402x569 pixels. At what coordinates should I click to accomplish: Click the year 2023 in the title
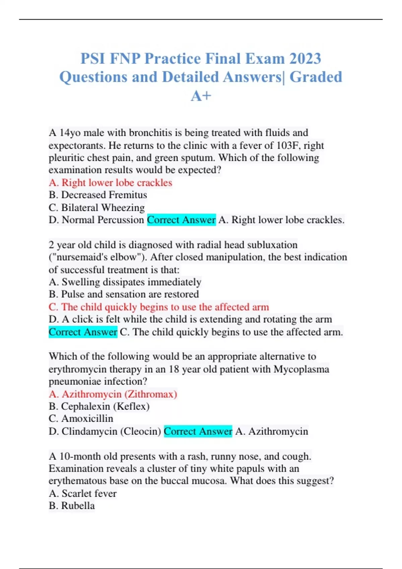(305, 59)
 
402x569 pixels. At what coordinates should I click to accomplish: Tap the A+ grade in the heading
(201, 96)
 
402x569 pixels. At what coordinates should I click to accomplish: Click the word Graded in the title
(316, 77)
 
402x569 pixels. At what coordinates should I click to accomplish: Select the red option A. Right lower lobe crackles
(110, 183)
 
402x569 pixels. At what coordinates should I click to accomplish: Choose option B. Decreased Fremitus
(98, 195)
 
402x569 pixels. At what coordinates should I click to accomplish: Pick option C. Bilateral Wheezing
(96, 208)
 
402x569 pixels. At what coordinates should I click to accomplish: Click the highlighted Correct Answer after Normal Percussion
(181, 220)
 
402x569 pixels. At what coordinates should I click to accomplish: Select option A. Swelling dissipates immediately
(125, 282)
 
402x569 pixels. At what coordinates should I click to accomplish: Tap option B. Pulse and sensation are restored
(124, 294)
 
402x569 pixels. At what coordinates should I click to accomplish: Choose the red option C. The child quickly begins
(158, 307)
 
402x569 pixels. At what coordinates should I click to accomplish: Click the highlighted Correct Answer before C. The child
(83, 332)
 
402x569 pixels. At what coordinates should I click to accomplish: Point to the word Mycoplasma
(301, 369)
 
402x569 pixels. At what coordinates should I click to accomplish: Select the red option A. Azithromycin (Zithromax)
(113, 394)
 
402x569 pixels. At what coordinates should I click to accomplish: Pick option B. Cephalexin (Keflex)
(99, 406)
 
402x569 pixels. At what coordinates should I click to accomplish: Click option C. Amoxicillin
(81, 419)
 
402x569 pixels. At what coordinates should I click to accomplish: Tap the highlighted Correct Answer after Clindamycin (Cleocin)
(198, 431)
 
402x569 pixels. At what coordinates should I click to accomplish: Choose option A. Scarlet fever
(82, 493)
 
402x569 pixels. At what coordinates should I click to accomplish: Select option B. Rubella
(72, 506)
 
